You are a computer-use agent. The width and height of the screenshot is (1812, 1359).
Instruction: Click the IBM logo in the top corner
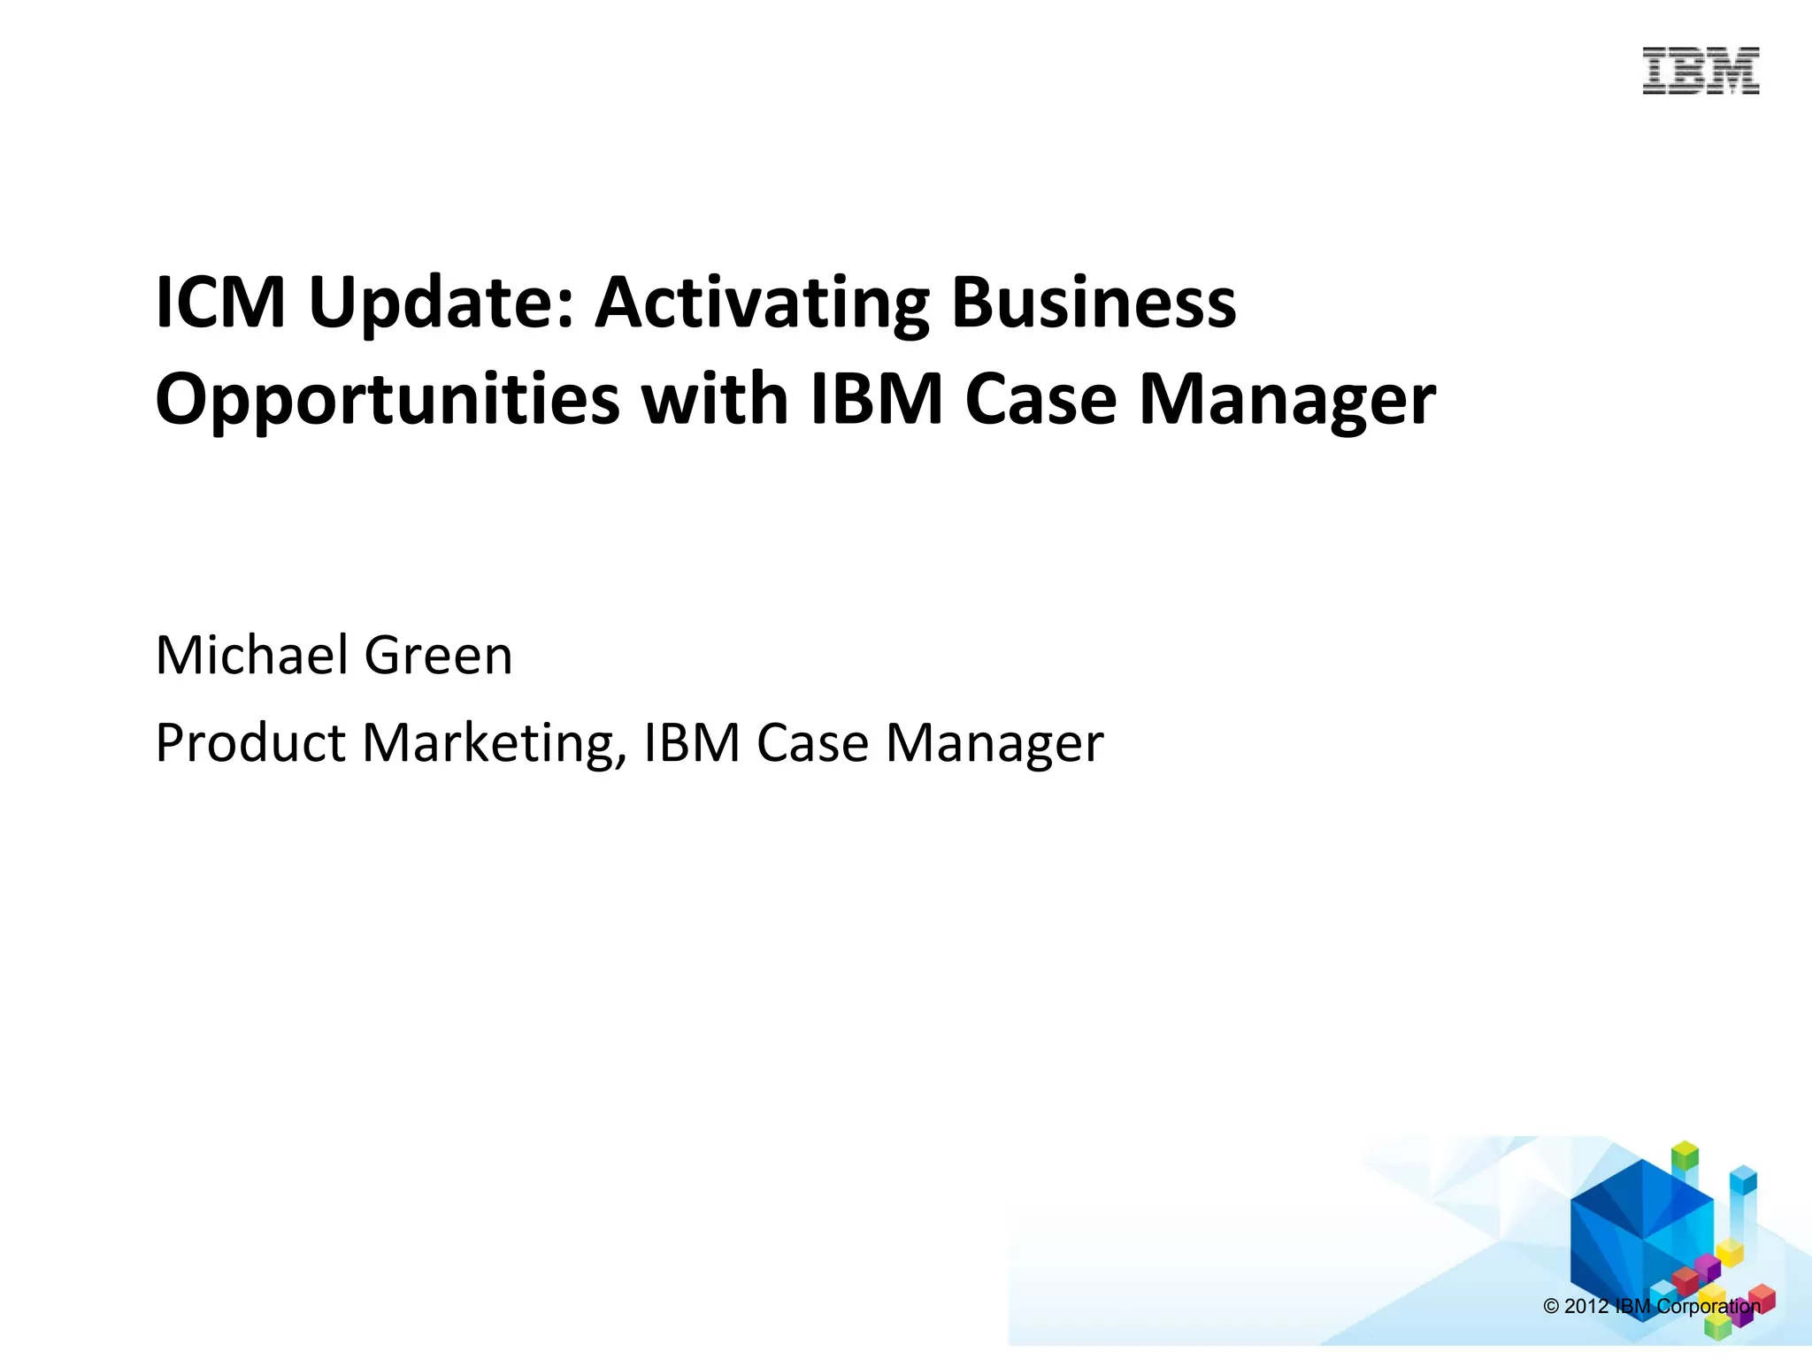(x=1701, y=72)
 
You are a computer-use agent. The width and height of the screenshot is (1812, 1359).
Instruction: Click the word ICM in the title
(x=220, y=303)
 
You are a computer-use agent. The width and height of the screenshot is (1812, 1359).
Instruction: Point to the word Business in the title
(x=1094, y=303)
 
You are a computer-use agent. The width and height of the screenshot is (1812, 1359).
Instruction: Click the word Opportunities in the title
(x=388, y=401)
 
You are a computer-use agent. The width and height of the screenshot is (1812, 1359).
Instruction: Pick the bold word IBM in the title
(x=877, y=399)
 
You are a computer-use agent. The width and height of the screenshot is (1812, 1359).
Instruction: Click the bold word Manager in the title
(x=1287, y=401)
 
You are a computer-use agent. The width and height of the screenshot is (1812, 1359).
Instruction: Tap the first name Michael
(x=252, y=656)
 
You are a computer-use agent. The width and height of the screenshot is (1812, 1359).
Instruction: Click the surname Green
(x=439, y=656)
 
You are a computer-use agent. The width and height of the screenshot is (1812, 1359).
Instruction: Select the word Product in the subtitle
(x=250, y=742)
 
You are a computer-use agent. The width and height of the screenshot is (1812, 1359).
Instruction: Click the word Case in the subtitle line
(x=812, y=742)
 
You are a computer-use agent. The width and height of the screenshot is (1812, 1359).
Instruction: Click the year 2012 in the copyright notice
(x=1586, y=1307)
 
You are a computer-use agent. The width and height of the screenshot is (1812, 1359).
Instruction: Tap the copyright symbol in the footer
(x=1551, y=1307)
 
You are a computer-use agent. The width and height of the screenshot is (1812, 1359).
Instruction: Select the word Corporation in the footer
(x=1708, y=1307)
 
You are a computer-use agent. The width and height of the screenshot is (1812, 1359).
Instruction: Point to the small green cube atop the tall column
(x=1685, y=1156)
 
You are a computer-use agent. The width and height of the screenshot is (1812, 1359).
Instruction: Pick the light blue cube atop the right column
(x=1743, y=1179)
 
